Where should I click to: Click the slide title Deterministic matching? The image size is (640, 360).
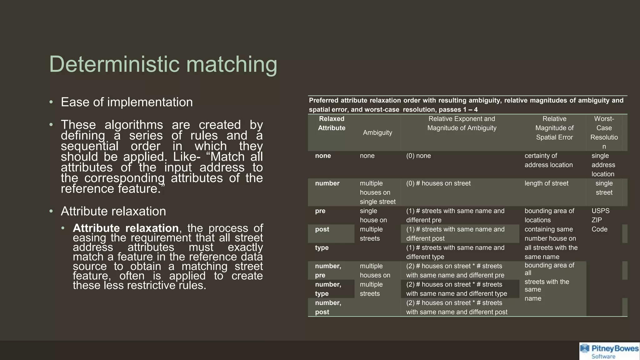(163, 64)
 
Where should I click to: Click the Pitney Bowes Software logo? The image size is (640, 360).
(609, 351)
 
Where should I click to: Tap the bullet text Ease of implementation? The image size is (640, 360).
(127, 102)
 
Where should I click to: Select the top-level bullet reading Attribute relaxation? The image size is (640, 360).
(113, 211)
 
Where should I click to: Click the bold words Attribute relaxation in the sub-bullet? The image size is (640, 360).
(126, 228)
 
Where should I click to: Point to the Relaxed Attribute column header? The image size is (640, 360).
(331, 123)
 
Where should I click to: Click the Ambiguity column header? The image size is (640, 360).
(377, 132)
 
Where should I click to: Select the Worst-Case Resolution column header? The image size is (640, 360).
(604, 132)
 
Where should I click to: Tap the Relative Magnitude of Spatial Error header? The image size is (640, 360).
(554, 128)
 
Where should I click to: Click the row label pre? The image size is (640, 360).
(320, 211)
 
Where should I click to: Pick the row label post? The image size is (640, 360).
(322, 229)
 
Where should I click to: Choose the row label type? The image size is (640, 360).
(322, 248)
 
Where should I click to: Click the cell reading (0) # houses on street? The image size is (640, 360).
(438, 183)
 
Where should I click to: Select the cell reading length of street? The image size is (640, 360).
(546, 183)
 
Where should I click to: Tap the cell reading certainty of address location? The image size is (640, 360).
(548, 160)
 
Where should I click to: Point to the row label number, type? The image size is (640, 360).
(328, 289)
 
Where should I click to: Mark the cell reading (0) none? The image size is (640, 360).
(418, 156)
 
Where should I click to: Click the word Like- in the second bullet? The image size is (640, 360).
(187, 157)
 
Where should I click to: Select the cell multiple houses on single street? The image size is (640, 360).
(377, 192)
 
